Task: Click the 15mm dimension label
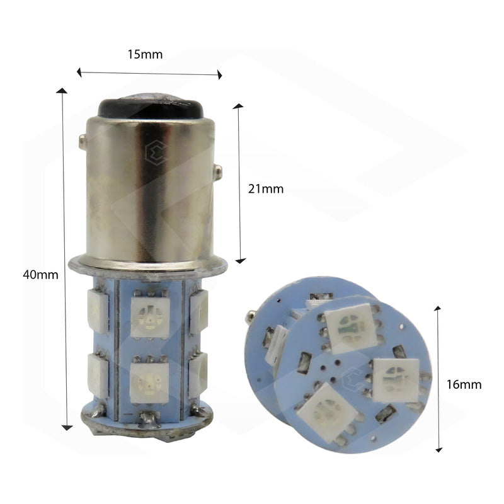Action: pyautogui.click(x=145, y=54)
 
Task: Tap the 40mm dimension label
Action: pyautogui.click(x=40, y=275)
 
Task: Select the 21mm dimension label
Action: pyautogui.click(x=266, y=188)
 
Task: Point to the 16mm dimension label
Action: pyautogui.click(x=464, y=384)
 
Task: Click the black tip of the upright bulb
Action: pyautogui.click(x=151, y=106)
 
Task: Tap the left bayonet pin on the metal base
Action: pyautogui.click(x=83, y=142)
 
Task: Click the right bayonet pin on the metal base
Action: pyautogui.click(x=218, y=173)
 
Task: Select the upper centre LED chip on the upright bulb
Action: pyautogui.click(x=150, y=318)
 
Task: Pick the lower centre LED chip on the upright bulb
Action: pyautogui.click(x=149, y=383)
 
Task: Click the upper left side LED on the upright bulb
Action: pyautogui.click(x=98, y=311)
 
